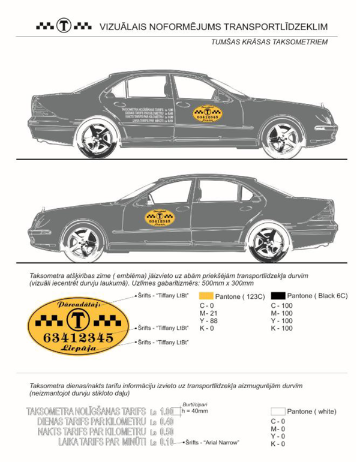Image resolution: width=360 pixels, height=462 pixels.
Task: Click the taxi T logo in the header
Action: pos(64,26)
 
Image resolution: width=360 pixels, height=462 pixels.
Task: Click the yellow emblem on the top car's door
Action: pos(208,115)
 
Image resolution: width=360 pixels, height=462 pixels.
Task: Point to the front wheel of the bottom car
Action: pos(83,242)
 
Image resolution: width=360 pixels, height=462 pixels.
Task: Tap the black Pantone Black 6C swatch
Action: pos(277,296)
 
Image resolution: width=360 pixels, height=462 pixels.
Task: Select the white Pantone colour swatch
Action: pos(277,412)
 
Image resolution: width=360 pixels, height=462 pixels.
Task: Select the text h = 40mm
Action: pos(195,411)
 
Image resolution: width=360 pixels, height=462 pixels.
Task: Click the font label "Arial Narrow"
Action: pos(217,442)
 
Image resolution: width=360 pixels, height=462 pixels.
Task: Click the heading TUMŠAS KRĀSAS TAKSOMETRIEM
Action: pos(269,43)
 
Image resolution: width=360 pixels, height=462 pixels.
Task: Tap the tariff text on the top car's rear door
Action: pos(148,115)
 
